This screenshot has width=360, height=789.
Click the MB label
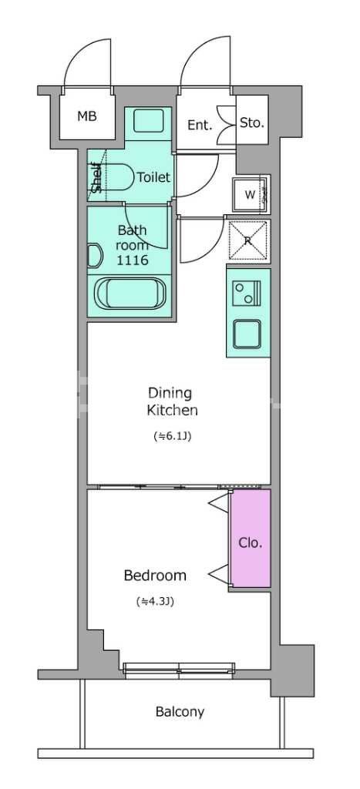(86, 117)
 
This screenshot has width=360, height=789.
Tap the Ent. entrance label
(200, 126)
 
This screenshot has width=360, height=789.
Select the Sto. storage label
(252, 123)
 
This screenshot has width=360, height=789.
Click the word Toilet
(153, 177)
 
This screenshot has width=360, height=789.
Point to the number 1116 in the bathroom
(132, 260)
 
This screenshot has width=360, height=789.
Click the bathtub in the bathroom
(130, 294)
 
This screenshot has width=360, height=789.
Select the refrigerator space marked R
(247, 240)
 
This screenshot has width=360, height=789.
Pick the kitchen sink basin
(247, 334)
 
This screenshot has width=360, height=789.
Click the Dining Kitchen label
(172, 401)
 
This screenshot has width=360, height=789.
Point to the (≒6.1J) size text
(172, 436)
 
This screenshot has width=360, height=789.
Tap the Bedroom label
(155, 575)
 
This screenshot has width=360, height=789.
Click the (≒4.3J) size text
(155, 601)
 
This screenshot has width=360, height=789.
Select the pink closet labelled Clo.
(251, 539)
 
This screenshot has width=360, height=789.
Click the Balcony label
(180, 712)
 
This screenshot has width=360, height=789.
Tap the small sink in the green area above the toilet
(149, 121)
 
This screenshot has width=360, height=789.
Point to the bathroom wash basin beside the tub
(94, 256)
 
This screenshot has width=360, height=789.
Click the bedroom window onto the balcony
(180, 669)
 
